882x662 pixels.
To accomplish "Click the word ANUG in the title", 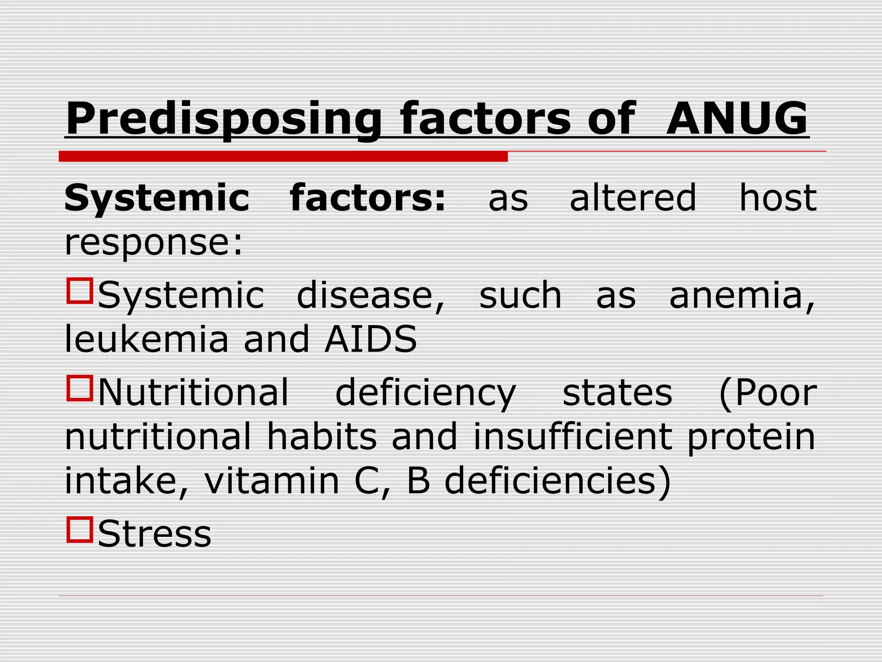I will [x=737, y=118].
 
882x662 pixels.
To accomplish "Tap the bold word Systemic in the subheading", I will [x=157, y=198].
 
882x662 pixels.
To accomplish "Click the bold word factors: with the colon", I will [x=368, y=198].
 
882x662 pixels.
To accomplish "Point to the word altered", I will [x=633, y=198].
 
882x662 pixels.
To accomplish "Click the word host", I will [x=778, y=198].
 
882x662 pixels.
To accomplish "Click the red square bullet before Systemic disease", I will [x=80, y=291].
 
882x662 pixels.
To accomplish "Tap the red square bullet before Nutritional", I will [x=80, y=388].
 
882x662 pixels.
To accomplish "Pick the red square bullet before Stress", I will [x=80, y=529].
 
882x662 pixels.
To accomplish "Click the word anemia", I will [x=742, y=296].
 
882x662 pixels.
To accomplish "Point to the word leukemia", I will [x=146, y=339].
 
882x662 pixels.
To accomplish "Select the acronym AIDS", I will [x=371, y=339].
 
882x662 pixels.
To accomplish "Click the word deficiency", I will [x=425, y=393].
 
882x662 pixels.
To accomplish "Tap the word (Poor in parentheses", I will [x=768, y=393].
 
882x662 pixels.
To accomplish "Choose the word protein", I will [x=751, y=437].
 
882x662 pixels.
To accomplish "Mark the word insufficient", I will [x=573, y=437].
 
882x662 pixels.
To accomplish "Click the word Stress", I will [x=155, y=534].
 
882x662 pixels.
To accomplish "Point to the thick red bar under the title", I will [x=283, y=156].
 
